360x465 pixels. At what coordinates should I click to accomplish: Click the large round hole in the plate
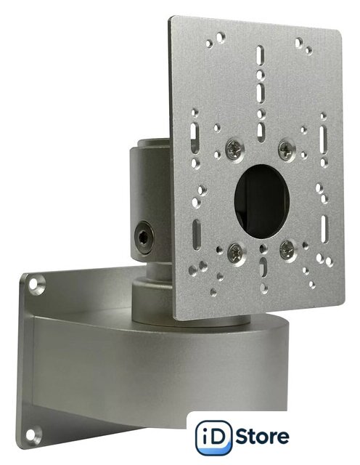click(261, 202)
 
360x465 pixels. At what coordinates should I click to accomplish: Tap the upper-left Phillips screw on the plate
click(234, 150)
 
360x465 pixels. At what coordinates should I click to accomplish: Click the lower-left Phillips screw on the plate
click(236, 254)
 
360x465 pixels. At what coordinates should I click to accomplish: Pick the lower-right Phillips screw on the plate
click(288, 249)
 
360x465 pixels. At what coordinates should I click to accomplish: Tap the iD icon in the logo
click(213, 437)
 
